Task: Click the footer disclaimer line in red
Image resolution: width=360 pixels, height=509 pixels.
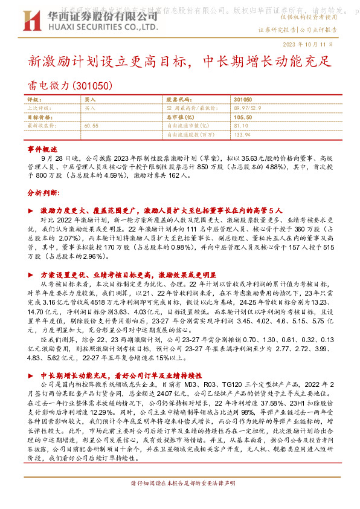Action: click(180, 484)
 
